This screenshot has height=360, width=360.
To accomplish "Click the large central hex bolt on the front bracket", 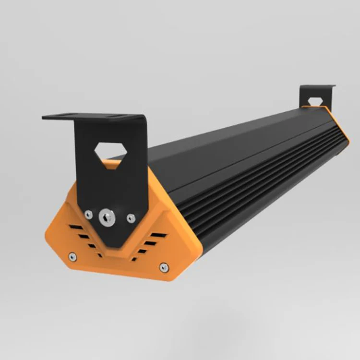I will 107,218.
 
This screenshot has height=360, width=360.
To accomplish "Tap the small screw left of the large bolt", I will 88,215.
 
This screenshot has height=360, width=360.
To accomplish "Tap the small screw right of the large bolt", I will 131,218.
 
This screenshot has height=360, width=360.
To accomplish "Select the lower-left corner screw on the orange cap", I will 72,256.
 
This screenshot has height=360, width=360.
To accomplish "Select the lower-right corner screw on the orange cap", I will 164,267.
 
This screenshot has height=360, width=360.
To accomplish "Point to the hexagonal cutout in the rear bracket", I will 315,102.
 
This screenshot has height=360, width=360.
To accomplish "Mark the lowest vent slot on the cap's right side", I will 134,259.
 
